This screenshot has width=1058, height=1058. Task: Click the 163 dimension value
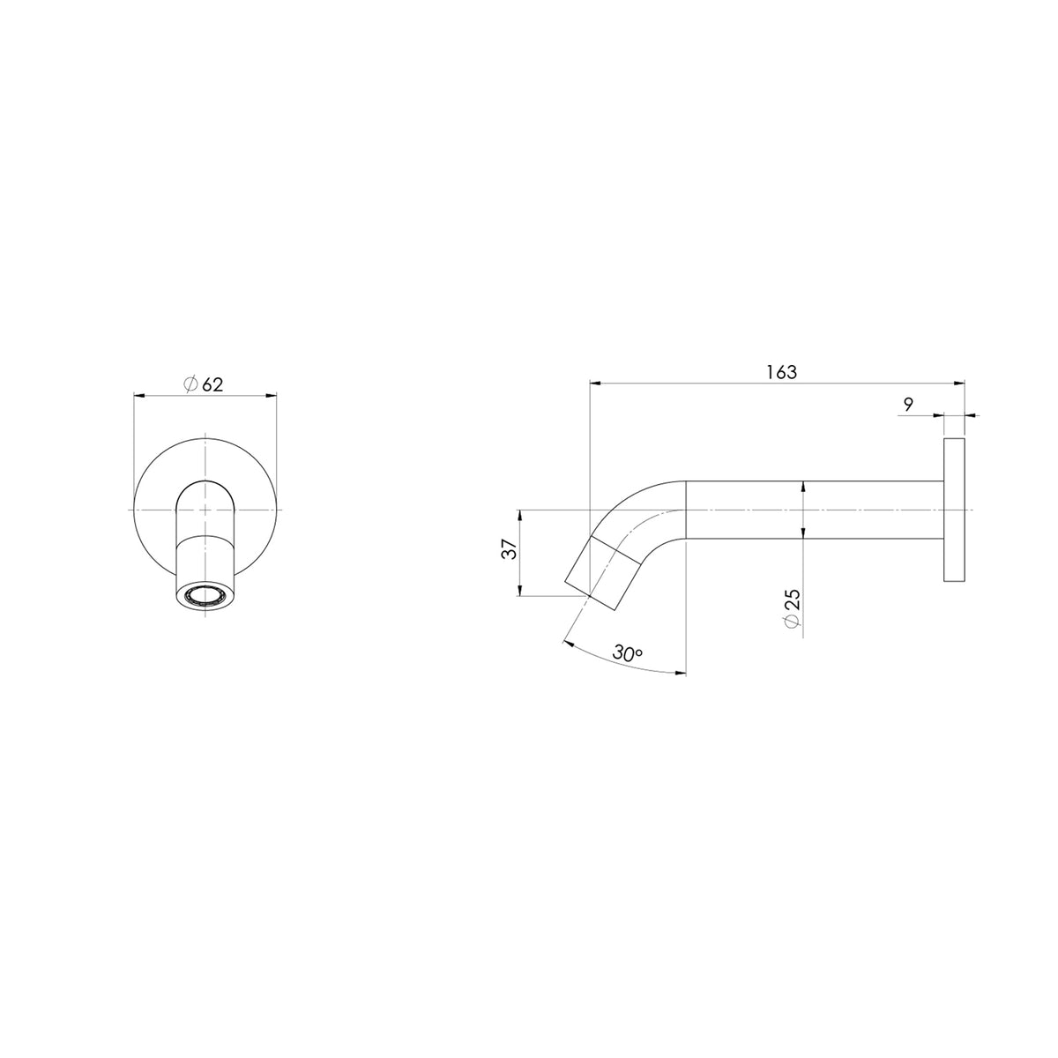click(781, 372)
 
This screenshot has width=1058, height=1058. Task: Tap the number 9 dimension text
click(908, 406)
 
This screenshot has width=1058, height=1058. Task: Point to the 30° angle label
click(628, 652)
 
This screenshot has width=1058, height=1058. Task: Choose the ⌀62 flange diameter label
click(204, 384)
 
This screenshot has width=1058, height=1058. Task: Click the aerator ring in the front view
click(205, 596)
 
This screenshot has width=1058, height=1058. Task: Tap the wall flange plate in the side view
click(954, 510)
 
